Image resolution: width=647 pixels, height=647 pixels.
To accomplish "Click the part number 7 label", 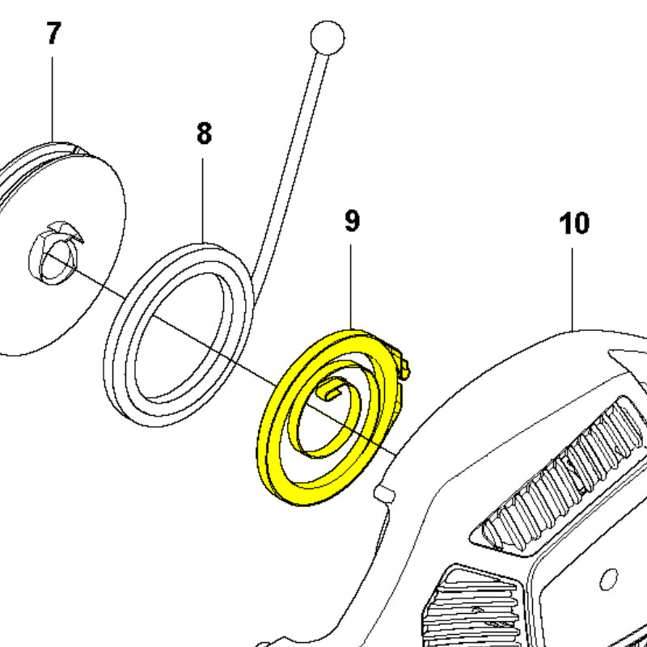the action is point(53,33).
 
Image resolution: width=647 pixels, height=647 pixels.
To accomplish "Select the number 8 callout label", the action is point(205,133).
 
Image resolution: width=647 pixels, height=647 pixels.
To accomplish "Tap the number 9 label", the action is point(352,221).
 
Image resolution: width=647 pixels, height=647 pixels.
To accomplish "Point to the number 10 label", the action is point(574,223).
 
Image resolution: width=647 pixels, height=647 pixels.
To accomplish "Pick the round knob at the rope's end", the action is point(328,37).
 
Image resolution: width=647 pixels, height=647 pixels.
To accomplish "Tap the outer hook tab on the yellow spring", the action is point(402,363).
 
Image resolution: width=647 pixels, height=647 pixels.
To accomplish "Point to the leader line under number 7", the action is point(53,99).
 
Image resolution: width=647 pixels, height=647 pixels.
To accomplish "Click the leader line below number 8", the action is point(203,201).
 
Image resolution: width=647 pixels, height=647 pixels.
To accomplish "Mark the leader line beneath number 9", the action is point(351,287).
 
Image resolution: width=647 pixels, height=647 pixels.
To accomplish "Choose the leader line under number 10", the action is point(573,289).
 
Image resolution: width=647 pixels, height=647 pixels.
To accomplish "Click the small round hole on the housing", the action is point(608,579).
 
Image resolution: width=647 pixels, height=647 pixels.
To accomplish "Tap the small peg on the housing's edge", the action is point(384,494).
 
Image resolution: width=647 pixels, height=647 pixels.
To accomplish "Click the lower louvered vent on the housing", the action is point(471,607).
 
